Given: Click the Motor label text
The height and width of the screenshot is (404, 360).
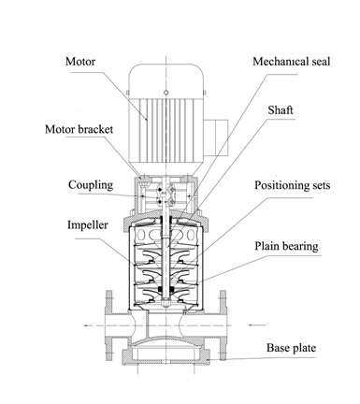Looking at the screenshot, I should click(80, 62).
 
